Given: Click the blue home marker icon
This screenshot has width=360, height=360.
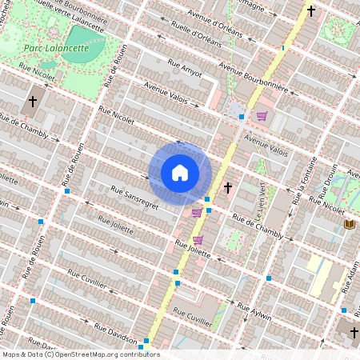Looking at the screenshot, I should pyautogui.click(x=180, y=173).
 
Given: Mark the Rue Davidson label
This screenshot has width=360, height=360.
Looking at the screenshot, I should pyautogui.click(x=116, y=330).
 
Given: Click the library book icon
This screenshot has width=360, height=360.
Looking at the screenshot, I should pyautogui.click(x=348, y=225).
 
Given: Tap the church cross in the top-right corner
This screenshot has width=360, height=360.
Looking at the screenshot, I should pyautogui.click(x=311, y=12).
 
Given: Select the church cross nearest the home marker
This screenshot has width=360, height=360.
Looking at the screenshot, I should pyautogui.click(x=228, y=187).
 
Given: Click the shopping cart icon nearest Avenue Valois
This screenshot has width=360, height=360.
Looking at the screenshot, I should pyautogui.click(x=261, y=116).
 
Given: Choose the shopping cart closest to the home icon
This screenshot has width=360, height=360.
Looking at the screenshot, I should pyautogui.click(x=197, y=213).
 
